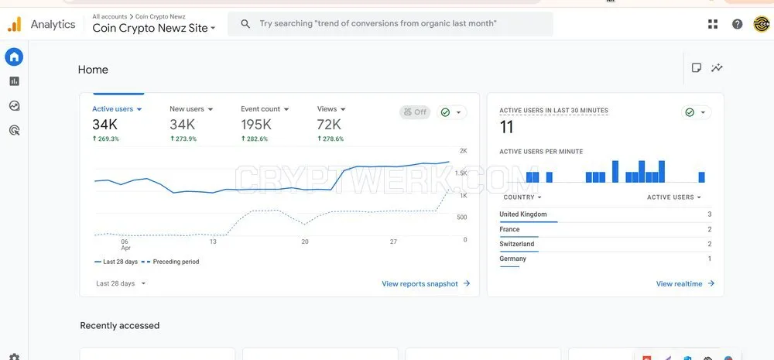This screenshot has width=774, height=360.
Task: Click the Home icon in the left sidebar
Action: tap(14, 57)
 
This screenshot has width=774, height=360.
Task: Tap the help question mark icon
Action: tap(737, 24)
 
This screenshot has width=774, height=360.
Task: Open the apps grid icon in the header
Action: tap(713, 24)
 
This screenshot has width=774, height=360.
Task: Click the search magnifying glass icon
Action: tap(245, 24)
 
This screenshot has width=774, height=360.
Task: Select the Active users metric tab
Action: tap(117, 109)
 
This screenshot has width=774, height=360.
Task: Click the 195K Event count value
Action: tap(256, 125)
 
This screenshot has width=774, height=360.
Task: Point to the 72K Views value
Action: tap(329, 125)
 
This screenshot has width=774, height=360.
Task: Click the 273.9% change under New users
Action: tap(183, 139)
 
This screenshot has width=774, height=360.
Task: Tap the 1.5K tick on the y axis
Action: tap(461, 173)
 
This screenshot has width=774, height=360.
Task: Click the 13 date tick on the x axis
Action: tap(213, 242)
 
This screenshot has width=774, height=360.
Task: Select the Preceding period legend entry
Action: tap(170, 262)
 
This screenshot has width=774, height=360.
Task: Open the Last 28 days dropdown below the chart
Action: tap(121, 283)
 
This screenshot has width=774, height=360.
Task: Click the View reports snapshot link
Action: tap(426, 284)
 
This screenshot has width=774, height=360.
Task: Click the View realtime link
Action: tap(685, 284)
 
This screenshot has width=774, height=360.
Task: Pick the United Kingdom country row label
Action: tap(522, 214)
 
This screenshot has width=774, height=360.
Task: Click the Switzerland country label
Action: tap(517, 244)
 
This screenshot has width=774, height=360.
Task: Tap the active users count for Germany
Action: tap(709, 259)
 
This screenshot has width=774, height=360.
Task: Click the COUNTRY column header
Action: tap(522, 197)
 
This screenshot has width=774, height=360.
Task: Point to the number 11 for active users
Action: tap(506, 128)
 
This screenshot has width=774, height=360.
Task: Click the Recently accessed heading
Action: tap(120, 325)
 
